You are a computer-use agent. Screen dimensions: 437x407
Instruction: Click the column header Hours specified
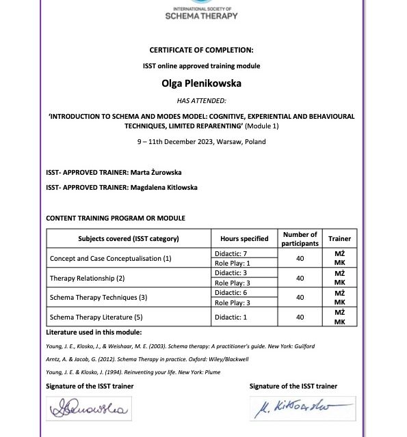[x=244, y=238]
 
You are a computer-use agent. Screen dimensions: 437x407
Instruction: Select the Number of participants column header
[x=300, y=238]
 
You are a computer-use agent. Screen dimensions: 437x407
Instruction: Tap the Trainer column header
[x=339, y=238]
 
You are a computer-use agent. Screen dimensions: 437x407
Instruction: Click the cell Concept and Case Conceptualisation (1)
[x=110, y=259]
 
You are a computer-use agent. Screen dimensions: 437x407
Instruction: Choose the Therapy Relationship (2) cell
[x=87, y=278]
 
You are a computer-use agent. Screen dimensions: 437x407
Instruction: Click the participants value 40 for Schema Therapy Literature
[x=300, y=317]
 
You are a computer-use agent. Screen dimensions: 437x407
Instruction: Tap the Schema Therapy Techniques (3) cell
[x=99, y=298]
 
